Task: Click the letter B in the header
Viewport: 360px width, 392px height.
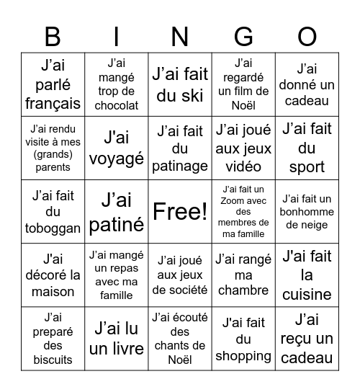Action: (53, 36)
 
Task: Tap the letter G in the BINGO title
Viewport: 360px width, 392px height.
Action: (244, 36)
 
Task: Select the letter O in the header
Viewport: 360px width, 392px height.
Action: (307, 36)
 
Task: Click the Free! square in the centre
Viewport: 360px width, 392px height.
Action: (180, 212)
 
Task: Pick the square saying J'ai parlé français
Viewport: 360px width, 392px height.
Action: (53, 85)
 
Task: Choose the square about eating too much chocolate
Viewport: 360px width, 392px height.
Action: (117, 85)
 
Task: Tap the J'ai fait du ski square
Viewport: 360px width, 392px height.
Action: (180, 85)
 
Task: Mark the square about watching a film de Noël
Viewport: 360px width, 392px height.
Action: (243, 85)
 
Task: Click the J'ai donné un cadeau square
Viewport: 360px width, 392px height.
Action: (307, 85)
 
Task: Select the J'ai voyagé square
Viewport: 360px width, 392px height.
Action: (117, 148)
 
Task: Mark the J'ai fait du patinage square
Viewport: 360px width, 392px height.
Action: (180, 148)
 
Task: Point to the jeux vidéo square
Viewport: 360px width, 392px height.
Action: (243, 148)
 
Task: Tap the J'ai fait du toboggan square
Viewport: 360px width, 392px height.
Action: (53, 212)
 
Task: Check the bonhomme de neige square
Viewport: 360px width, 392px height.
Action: (307, 212)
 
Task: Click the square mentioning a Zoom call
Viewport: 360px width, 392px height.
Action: (243, 212)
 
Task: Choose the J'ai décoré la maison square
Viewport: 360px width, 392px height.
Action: (53, 275)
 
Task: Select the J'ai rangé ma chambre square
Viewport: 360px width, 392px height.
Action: (243, 275)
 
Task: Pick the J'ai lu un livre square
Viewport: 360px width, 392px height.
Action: (117, 339)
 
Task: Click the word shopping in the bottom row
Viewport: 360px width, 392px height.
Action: (243, 355)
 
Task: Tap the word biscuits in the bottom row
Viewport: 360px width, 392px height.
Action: (53, 360)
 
